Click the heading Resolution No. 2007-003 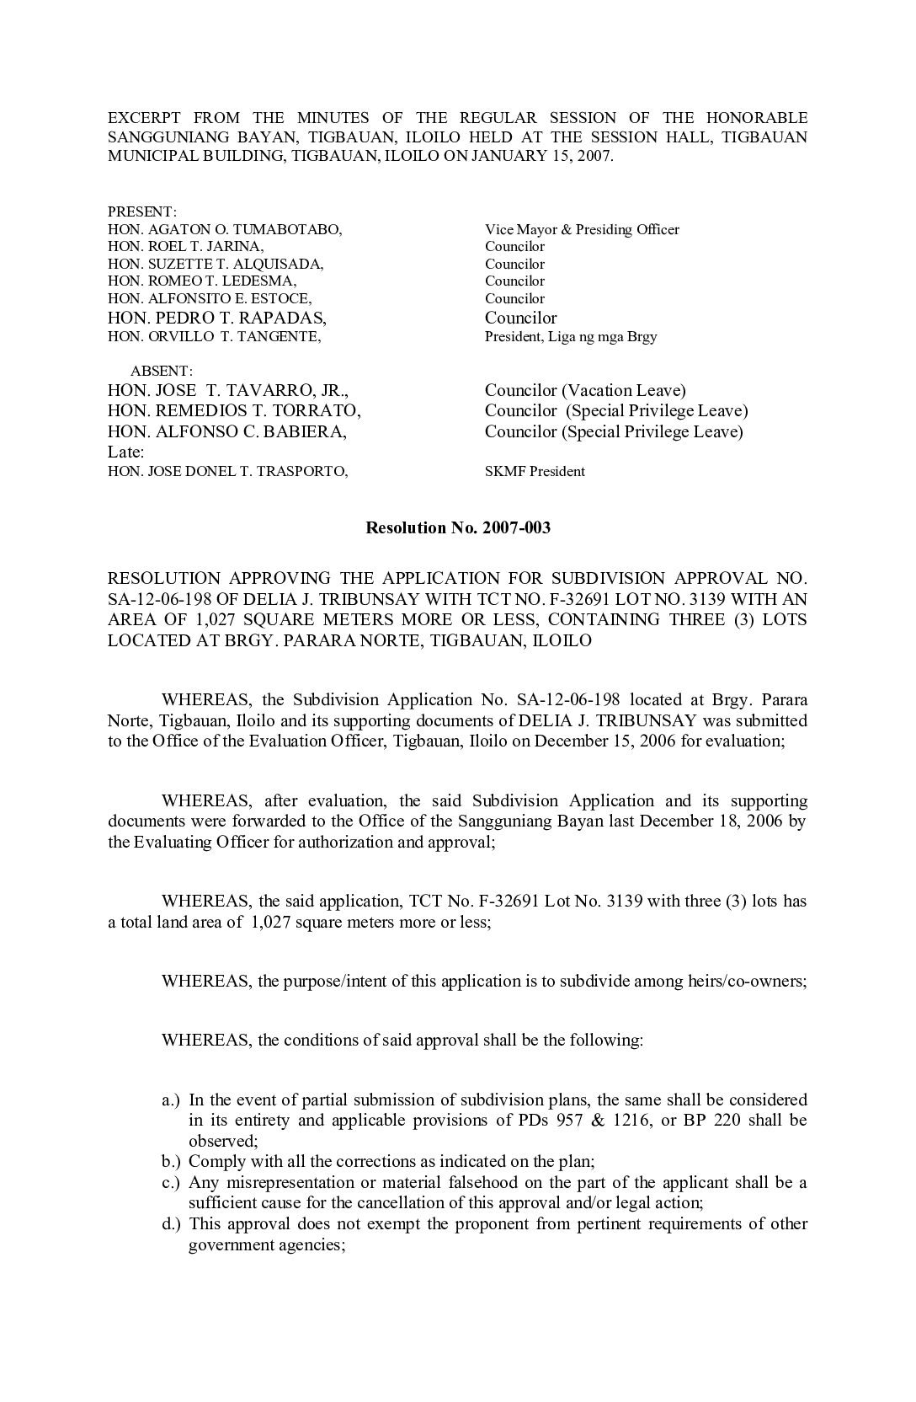(x=457, y=528)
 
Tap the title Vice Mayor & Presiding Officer (x=582, y=229)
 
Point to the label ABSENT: (x=162, y=371)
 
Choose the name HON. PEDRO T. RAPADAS (x=217, y=318)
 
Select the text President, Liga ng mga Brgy (x=571, y=336)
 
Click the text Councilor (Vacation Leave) (x=585, y=391)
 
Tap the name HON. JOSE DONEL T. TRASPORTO (x=228, y=472)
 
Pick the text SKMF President (x=535, y=472)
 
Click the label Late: (x=127, y=452)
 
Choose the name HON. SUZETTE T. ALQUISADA (x=216, y=264)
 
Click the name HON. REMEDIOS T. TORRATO (x=235, y=411)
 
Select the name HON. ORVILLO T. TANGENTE (x=215, y=336)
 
